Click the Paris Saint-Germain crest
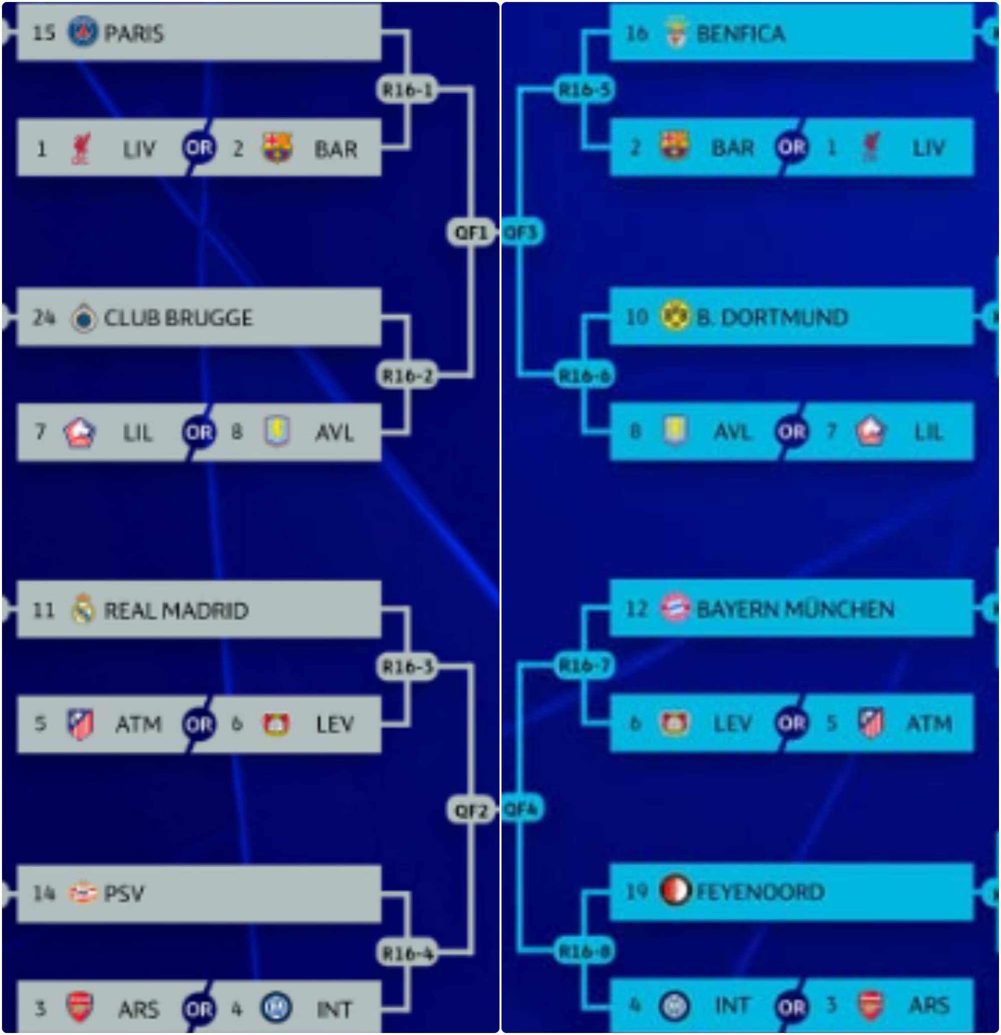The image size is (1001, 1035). [83, 32]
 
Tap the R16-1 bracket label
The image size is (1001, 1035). [407, 90]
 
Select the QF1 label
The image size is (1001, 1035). [471, 232]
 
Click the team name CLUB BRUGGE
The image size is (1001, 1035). [179, 318]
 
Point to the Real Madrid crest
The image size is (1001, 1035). [83, 610]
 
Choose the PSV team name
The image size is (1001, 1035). [124, 893]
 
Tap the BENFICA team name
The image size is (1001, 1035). [741, 34]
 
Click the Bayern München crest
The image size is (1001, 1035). [675, 608]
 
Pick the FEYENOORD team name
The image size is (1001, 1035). [760, 892]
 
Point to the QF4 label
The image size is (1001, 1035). [521, 809]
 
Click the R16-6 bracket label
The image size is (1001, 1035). [585, 376]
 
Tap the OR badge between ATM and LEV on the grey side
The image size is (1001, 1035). [199, 725]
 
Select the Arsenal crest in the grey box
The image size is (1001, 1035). [80, 1006]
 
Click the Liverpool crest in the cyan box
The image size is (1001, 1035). [870, 147]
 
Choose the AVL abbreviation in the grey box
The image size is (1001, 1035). [334, 433]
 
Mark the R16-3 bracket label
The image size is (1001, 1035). [407, 667]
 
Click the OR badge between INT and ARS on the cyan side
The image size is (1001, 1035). [792, 1006]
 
